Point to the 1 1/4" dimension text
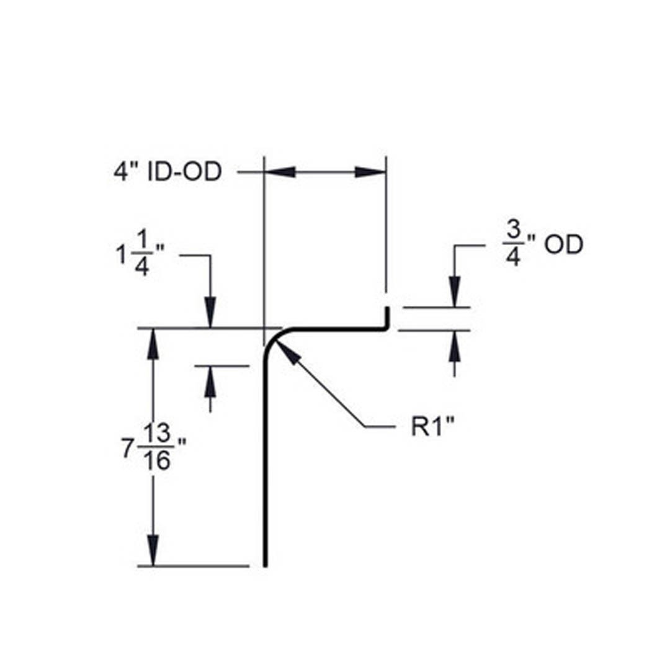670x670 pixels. coord(138,256)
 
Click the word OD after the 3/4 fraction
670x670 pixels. coord(563,245)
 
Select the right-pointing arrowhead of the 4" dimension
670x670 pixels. coord(370,172)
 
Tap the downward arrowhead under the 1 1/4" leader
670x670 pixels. coord(210,313)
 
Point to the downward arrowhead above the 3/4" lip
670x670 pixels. coord(455,292)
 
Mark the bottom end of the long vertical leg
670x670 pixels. coord(266,563)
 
